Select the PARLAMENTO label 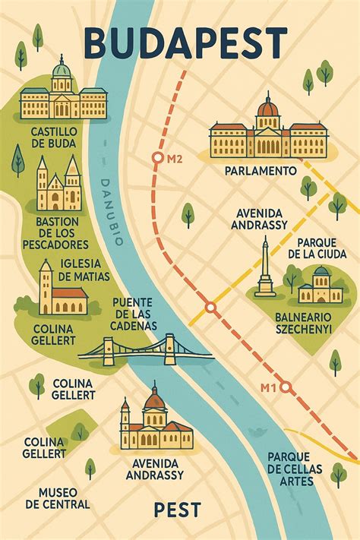261,172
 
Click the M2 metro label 175,159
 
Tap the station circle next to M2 158,158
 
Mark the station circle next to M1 285,387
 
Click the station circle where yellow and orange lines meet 211,309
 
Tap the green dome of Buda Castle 62,70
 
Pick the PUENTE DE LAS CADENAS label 134,314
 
